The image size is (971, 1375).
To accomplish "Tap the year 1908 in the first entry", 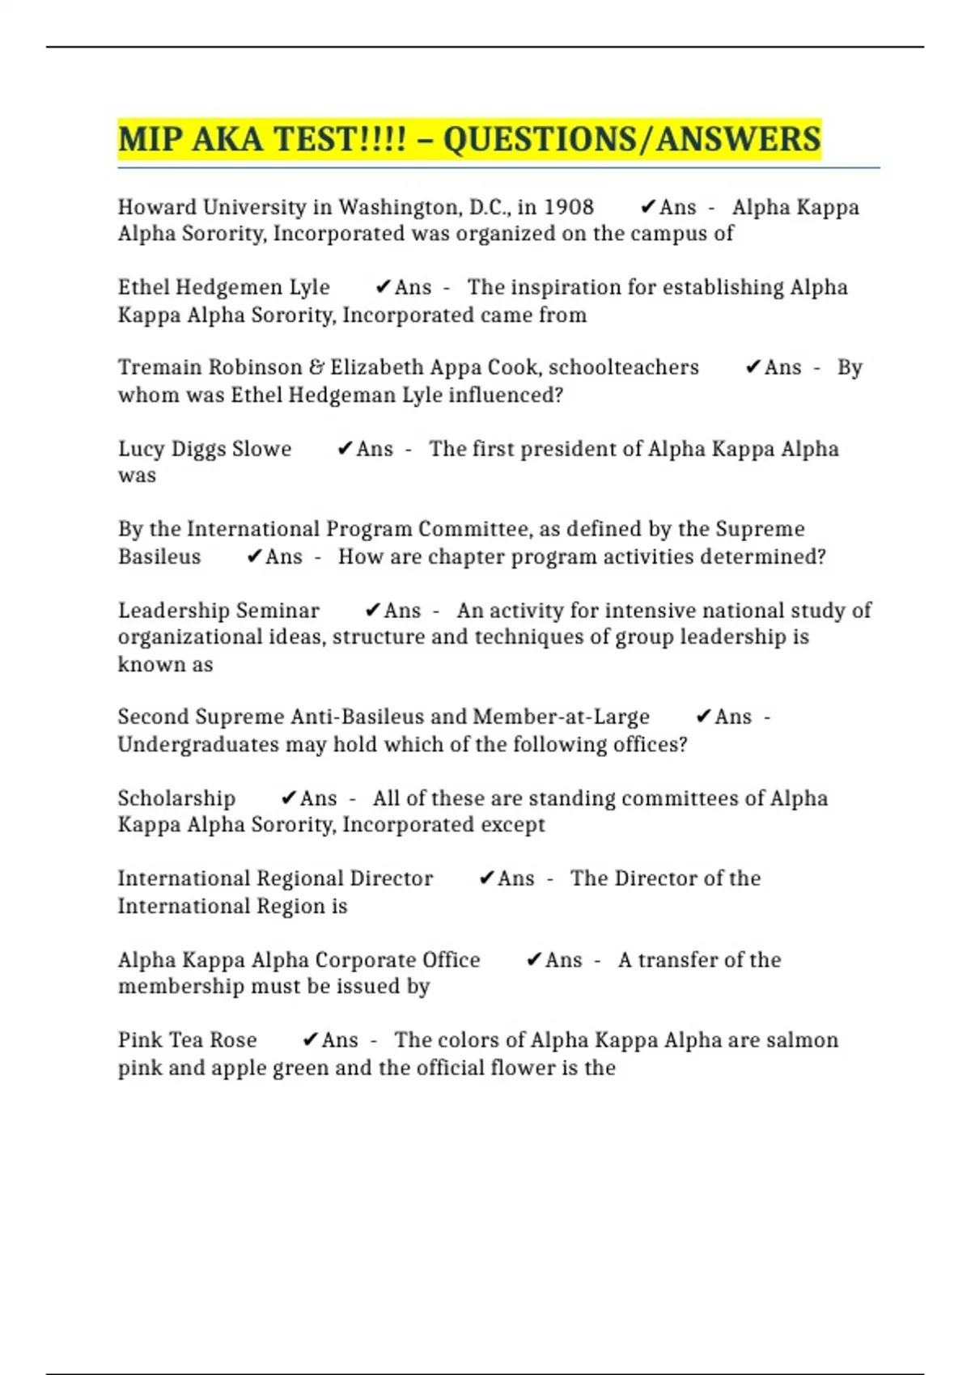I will pyautogui.click(x=568, y=207).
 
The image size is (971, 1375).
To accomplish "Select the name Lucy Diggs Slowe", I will pyautogui.click(x=205, y=449).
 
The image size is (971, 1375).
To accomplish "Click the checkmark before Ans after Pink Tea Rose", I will pyautogui.click(x=310, y=1040).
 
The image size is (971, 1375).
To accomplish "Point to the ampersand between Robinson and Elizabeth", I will pyautogui.click(x=316, y=367).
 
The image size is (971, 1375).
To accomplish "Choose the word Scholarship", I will pyautogui.click(x=176, y=798).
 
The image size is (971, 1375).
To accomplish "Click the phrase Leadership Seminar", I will pyautogui.click(x=218, y=611).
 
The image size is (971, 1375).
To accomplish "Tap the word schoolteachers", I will pyautogui.click(x=623, y=367).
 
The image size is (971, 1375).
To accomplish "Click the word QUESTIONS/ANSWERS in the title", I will pyautogui.click(x=632, y=139).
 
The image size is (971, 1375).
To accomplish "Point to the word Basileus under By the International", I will pyautogui.click(x=159, y=556).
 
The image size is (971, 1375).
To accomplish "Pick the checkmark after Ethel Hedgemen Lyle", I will pyautogui.click(x=384, y=287).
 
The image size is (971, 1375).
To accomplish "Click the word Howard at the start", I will pyautogui.click(x=158, y=207).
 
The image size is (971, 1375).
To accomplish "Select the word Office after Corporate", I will pyautogui.click(x=451, y=960).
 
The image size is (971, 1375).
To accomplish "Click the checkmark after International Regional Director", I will pyautogui.click(x=486, y=878).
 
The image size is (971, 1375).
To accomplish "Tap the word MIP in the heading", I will pyautogui.click(x=151, y=139).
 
